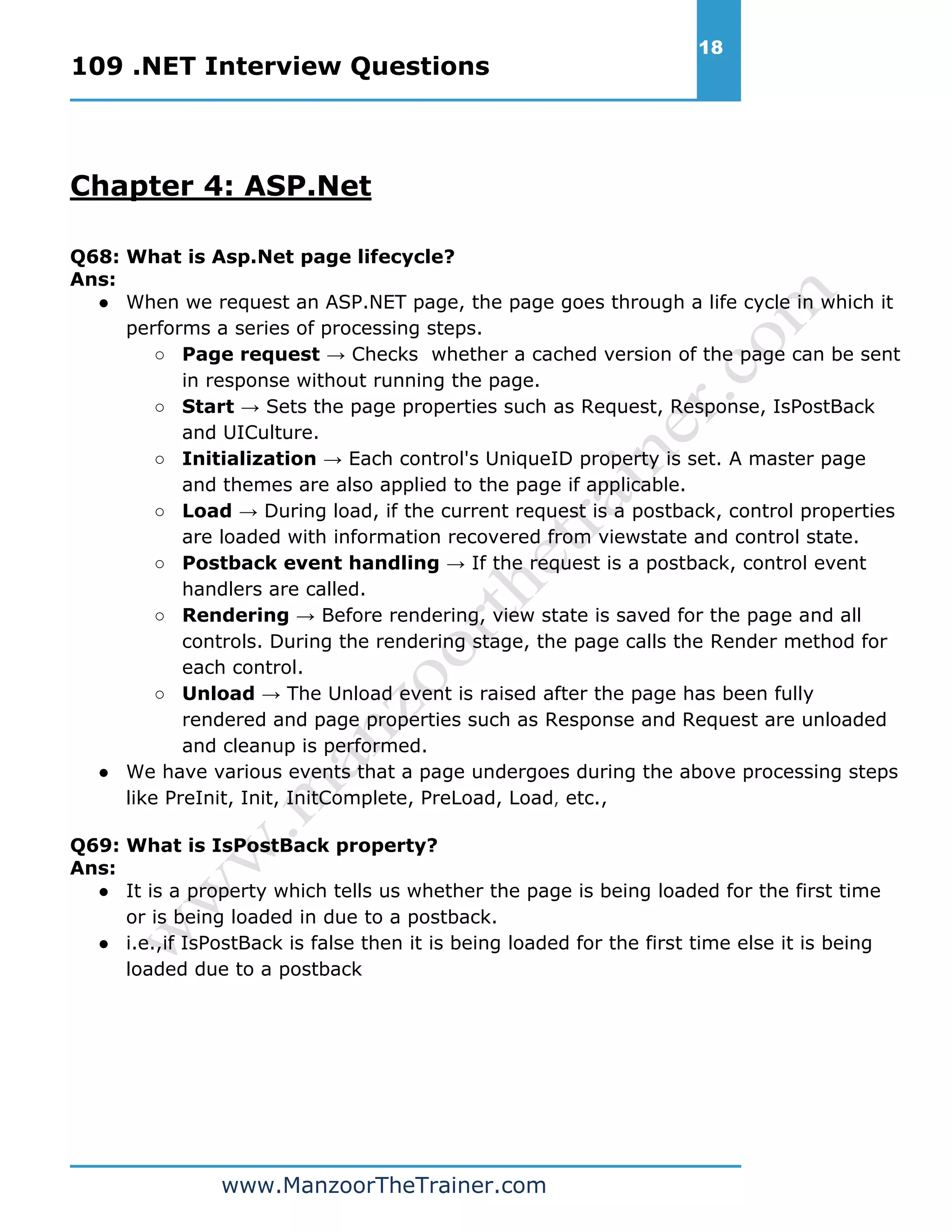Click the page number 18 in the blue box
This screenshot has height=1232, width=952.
pos(711,47)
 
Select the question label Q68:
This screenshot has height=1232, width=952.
pos(95,257)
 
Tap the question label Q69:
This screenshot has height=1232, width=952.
pos(95,845)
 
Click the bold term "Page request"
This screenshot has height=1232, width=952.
pos(251,354)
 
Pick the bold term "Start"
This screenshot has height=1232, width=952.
pos(207,406)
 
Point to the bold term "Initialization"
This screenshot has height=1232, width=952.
pos(249,458)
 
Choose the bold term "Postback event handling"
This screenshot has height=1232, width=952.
pos(310,563)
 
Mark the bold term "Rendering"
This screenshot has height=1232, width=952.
pos(235,615)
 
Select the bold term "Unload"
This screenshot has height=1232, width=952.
pos(218,693)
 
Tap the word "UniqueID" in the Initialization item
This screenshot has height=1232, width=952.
pos(529,458)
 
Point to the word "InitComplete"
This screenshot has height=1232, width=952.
pos(350,798)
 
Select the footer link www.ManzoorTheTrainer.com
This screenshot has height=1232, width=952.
pos(383,1185)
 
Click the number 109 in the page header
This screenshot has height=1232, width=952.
pos(97,66)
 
